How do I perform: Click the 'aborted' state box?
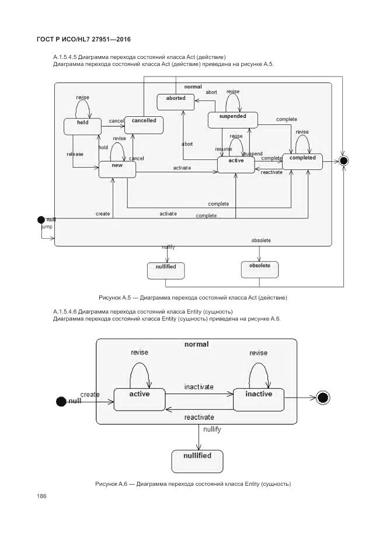point(176,102)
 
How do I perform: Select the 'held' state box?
point(82,126)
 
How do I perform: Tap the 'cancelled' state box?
point(144,124)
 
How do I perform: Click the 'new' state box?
point(117,169)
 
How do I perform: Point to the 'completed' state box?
point(302,161)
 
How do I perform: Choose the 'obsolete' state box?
point(260,269)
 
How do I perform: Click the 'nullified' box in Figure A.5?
point(166,270)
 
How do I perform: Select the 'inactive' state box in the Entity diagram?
point(258,398)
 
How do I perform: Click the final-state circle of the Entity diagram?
point(322,398)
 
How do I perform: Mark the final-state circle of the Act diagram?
point(344,161)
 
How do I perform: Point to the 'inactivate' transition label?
point(199,387)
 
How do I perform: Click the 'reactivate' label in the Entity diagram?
point(199,418)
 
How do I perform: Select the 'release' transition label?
point(75,154)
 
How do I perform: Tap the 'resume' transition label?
point(224,149)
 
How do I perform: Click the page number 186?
point(41,496)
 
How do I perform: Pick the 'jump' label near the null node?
point(47,225)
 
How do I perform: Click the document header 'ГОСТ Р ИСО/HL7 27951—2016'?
point(84,39)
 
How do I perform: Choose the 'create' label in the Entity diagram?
point(90,395)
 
